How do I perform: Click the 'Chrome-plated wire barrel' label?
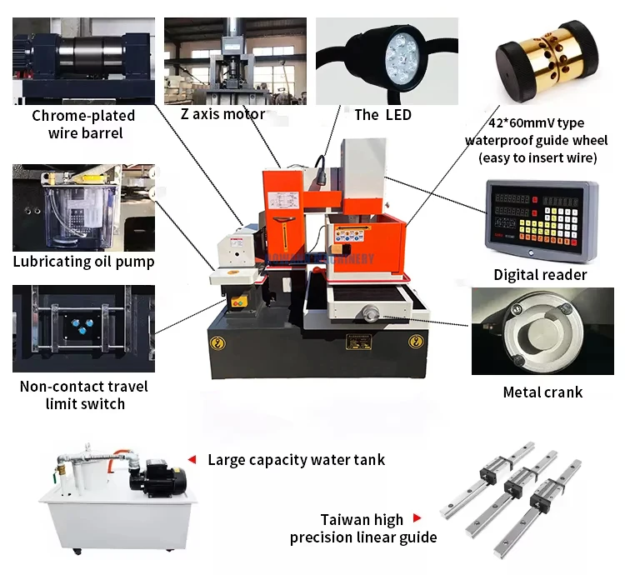[x=83, y=124]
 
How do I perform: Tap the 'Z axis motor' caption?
[x=222, y=114]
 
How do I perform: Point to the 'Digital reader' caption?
[x=540, y=275]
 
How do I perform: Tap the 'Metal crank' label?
[x=542, y=392]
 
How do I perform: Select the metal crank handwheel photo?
[x=542, y=332]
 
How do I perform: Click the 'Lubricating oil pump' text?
[x=83, y=262]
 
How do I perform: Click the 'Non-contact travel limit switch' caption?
[x=83, y=395]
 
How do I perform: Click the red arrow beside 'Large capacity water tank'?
[x=192, y=459]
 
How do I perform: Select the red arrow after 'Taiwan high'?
[x=417, y=518]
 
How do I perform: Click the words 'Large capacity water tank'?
[x=296, y=459]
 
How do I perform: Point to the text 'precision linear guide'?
[x=363, y=537]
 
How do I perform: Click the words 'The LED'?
[x=382, y=115]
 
